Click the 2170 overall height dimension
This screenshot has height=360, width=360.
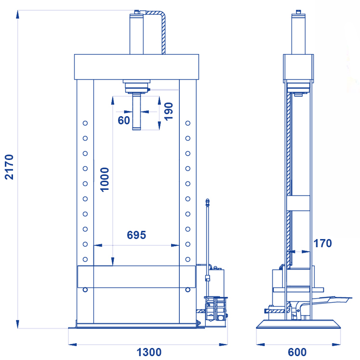pyautogui.click(x=9, y=167)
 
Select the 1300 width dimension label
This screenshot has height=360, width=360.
pyautogui.click(x=149, y=352)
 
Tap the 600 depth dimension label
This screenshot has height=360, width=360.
pyautogui.click(x=297, y=352)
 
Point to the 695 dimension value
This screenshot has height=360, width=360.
pyautogui.click(x=136, y=235)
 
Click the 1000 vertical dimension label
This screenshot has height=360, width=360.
pyautogui.click(x=105, y=180)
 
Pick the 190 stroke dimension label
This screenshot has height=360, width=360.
pyautogui.click(x=169, y=111)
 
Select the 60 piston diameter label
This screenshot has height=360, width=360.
pyautogui.click(x=124, y=120)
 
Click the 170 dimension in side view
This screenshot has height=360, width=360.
pyautogui.click(x=322, y=243)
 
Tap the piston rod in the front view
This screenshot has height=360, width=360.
pyautogui.click(x=136, y=112)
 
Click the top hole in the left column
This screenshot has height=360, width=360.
pyautogui.click(x=85, y=123)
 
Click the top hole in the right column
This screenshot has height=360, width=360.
pyautogui.click(x=188, y=123)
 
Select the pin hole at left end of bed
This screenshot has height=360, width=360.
pyautogui.click(x=85, y=290)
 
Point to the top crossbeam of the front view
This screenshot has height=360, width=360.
pyautogui.click(x=136, y=67)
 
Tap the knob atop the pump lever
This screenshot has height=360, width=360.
pyautogui.click(x=208, y=202)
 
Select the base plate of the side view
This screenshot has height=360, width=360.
pyautogui.click(x=298, y=324)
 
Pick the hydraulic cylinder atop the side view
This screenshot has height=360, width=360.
pyautogui.click(x=298, y=33)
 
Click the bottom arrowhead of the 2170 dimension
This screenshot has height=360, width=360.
pyautogui.click(x=18, y=324)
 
